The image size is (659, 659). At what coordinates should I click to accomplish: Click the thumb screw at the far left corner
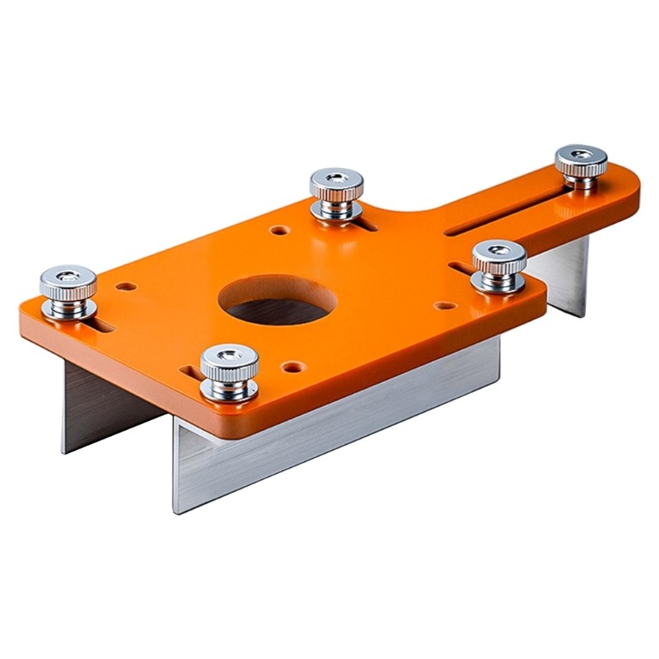coord(68,291)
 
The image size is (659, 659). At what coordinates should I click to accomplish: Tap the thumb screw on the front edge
coord(230,372)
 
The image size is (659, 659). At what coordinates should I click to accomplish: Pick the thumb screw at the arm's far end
coord(581,166)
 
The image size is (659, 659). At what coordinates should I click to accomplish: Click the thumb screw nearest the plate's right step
coord(498,265)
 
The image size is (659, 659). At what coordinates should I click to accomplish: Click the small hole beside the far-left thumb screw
coord(126,287)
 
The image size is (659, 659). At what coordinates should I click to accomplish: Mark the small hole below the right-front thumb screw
coord(445,306)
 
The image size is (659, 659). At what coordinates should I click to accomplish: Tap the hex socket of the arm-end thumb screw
coord(581,154)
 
